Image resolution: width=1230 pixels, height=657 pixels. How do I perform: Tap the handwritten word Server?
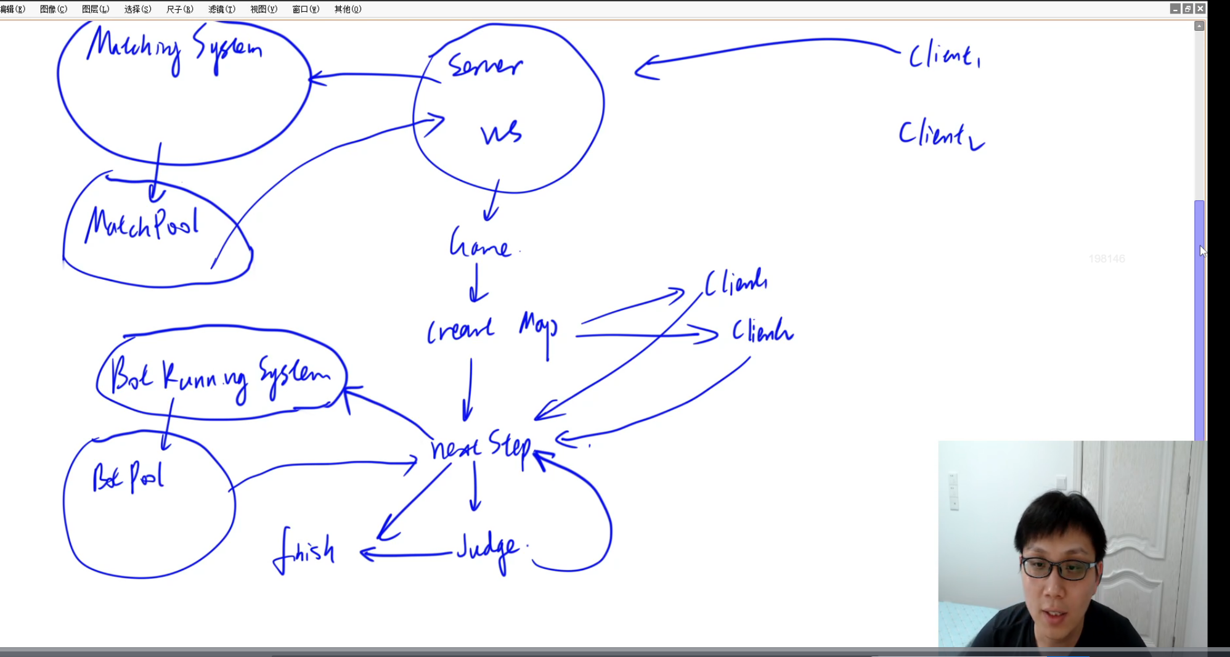[x=485, y=65]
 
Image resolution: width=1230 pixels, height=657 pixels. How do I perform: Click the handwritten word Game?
[x=480, y=243]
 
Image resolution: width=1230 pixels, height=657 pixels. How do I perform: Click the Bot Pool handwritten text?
[x=128, y=476]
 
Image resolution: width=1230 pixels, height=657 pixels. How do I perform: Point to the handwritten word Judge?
[x=489, y=548]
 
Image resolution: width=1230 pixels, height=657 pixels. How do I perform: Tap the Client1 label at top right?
[x=945, y=56]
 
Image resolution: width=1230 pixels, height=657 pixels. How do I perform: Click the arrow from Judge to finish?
[x=407, y=555]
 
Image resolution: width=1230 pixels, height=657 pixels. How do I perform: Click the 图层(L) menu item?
[x=96, y=9]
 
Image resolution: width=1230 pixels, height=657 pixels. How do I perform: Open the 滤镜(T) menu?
[x=222, y=9]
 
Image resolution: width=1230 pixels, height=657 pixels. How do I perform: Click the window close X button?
[x=1200, y=9]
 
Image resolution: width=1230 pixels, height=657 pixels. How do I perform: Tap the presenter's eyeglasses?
[x=1059, y=568]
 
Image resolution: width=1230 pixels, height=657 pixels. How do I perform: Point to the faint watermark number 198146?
[x=1107, y=259]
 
